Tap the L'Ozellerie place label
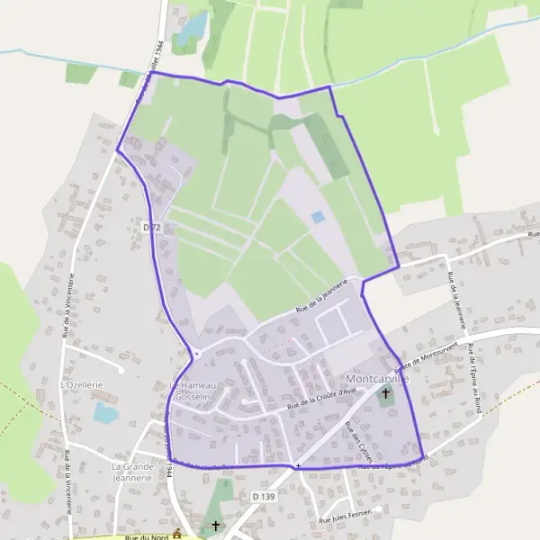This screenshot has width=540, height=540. click(x=83, y=384)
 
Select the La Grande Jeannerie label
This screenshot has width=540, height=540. click(x=132, y=472)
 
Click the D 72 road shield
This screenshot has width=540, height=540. click(x=152, y=229)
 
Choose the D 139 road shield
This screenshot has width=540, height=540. click(x=264, y=496)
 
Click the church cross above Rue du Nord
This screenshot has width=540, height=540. click(x=214, y=525)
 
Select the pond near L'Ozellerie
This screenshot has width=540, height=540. click(x=105, y=413)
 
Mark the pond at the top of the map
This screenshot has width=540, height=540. click(x=191, y=30)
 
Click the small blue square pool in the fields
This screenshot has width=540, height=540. click(x=317, y=217)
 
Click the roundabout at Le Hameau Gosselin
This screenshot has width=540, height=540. click(x=194, y=353)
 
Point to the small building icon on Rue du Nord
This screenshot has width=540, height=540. click(x=177, y=535)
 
